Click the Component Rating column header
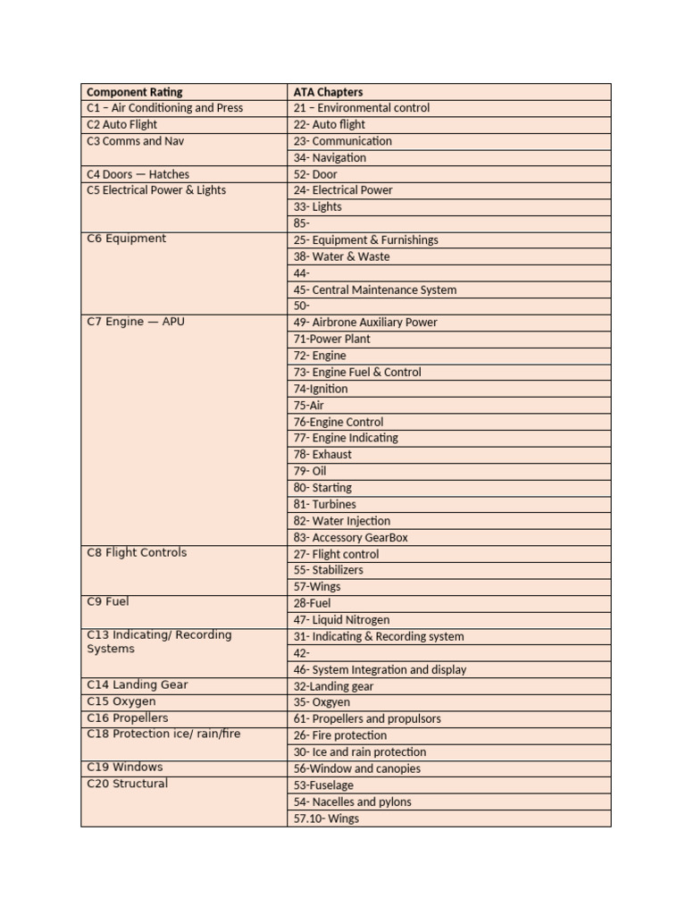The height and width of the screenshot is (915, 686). coord(135,92)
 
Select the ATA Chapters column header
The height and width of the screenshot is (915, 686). coord(329,92)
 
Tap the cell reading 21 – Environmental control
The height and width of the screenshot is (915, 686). coord(362,108)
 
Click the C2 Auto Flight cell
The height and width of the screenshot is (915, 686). coord(121,125)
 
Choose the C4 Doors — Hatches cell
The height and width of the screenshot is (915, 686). coord(138,174)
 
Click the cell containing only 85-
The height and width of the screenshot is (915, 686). coord(302,223)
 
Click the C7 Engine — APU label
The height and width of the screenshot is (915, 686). coord(136,322)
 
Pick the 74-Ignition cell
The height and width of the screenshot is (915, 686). coord(321,389)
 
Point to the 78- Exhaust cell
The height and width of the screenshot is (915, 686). coord(322,454)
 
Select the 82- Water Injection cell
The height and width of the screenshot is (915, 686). coord(342,521)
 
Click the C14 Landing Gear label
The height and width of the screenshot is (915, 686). coord(138,685)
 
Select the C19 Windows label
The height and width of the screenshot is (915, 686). coord(125,768)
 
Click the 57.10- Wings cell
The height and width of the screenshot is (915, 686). coord(326,818)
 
